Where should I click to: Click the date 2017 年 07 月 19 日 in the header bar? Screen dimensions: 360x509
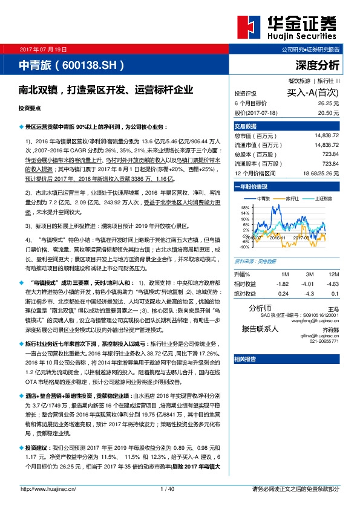(x=48, y=48)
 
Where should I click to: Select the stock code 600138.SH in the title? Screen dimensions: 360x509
(x=91, y=64)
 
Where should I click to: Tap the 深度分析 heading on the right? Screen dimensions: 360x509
(x=318, y=65)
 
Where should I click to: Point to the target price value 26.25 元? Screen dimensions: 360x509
(x=329, y=103)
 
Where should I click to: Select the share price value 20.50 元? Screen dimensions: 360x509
(x=329, y=112)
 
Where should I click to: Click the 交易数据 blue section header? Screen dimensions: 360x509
(x=245, y=126)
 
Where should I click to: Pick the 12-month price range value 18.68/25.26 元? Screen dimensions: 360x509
(x=319, y=173)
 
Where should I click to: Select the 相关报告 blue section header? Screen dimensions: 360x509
(x=245, y=358)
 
